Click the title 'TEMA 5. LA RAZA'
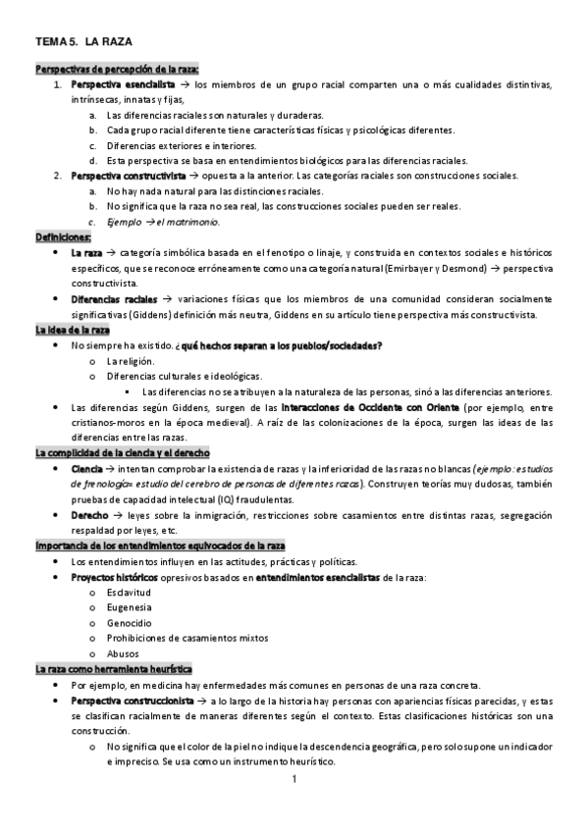pyautogui.click(x=83, y=43)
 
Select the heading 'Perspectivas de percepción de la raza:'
pyautogui.click(x=117, y=69)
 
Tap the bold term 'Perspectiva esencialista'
pyautogui.click(x=118, y=84)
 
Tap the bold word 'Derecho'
pyautogui.click(x=90, y=514)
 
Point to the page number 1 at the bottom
pyautogui.click(x=294, y=780)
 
